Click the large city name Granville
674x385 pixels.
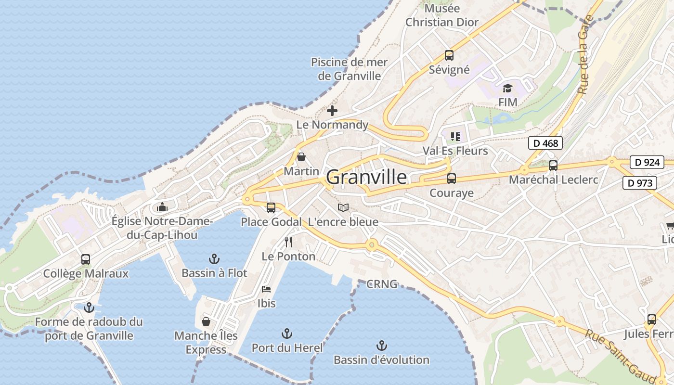(366, 178)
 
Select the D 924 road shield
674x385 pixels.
(647, 162)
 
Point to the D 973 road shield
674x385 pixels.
(640, 183)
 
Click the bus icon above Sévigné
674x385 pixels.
(449, 55)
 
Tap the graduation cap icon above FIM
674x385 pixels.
(507, 88)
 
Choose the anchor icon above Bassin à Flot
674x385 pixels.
(214, 259)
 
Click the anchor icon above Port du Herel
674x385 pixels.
(287, 334)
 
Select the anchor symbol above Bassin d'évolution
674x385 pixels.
(381, 346)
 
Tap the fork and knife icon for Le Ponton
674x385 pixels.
(288, 242)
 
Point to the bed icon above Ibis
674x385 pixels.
(266, 289)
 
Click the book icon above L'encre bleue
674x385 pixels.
(343, 207)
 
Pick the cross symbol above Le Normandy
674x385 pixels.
(332, 111)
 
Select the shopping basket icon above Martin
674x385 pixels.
(301, 157)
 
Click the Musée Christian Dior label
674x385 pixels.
(442, 15)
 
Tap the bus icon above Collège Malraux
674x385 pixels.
(86, 259)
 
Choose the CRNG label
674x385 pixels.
(382, 284)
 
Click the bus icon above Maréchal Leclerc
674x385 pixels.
(553, 166)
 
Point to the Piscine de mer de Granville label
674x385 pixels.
(350, 69)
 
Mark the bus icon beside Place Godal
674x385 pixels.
(271, 208)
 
